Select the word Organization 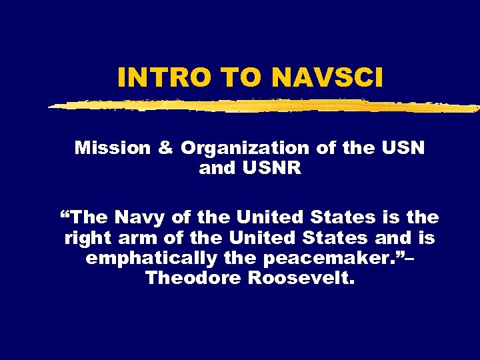245,148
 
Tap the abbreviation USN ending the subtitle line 403,148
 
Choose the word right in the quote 87,238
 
